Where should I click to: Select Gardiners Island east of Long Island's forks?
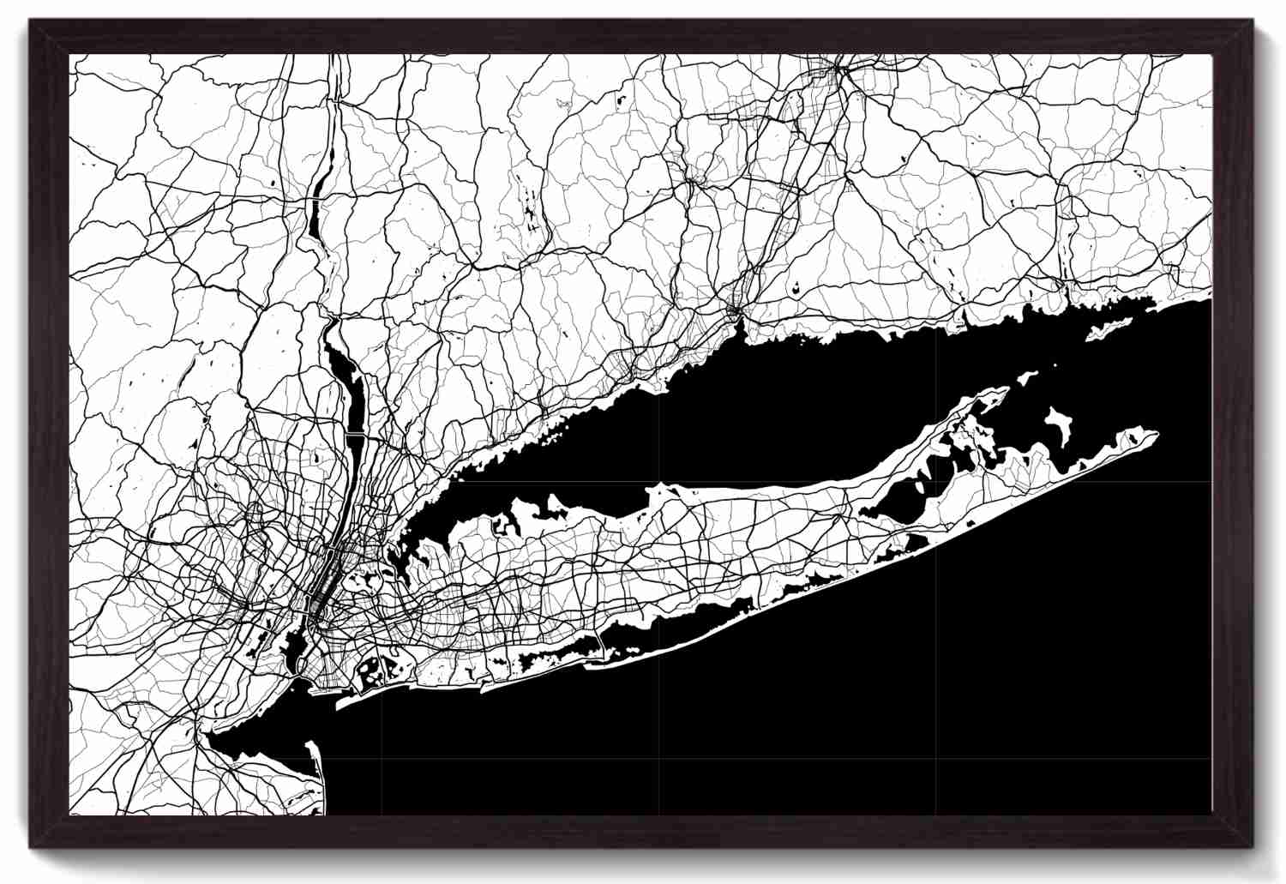click(1059, 422)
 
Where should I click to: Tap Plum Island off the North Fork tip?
click(1027, 377)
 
